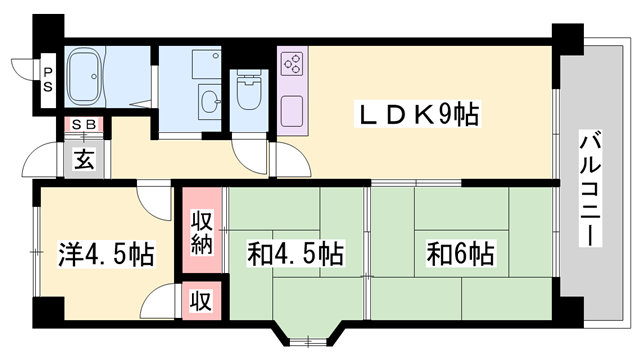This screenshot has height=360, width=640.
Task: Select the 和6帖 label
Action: pyautogui.click(x=461, y=254)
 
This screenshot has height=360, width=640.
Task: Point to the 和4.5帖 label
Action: pyautogui.click(x=296, y=254)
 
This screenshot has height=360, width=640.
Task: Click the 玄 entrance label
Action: pyautogui.click(x=83, y=157)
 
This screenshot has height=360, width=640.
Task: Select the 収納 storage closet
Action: pyautogui.click(x=201, y=232)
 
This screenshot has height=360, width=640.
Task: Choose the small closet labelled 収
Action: pyautogui.click(x=201, y=300)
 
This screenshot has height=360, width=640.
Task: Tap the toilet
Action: pyautogui.click(x=246, y=95)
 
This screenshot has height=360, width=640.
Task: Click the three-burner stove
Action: pyautogui.click(x=294, y=65)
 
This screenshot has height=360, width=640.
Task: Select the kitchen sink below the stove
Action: pyautogui.click(x=293, y=112)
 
